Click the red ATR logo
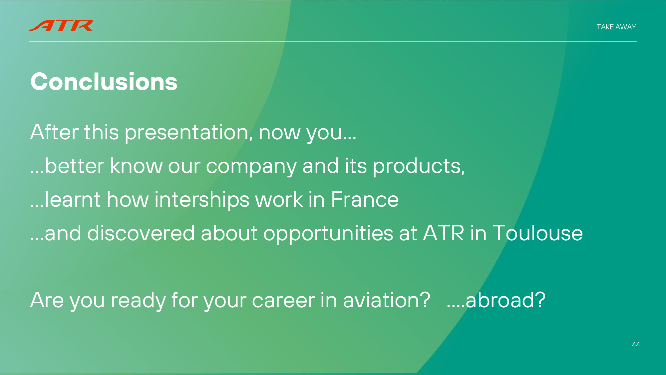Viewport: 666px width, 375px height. click(x=61, y=26)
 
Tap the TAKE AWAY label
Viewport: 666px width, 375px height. click(x=616, y=27)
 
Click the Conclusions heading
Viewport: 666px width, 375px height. click(x=104, y=82)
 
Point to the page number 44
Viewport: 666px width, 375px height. click(x=636, y=345)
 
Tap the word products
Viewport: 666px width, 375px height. click(x=419, y=166)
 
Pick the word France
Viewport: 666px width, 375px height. click(x=365, y=199)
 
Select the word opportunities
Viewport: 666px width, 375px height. click(x=328, y=234)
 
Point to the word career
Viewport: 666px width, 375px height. click(x=283, y=300)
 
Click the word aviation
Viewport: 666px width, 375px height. click(x=387, y=300)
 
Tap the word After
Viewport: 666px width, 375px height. click(x=54, y=132)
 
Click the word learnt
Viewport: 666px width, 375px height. click(x=73, y=199)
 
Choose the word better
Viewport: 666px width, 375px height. click(x=75, y=166)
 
